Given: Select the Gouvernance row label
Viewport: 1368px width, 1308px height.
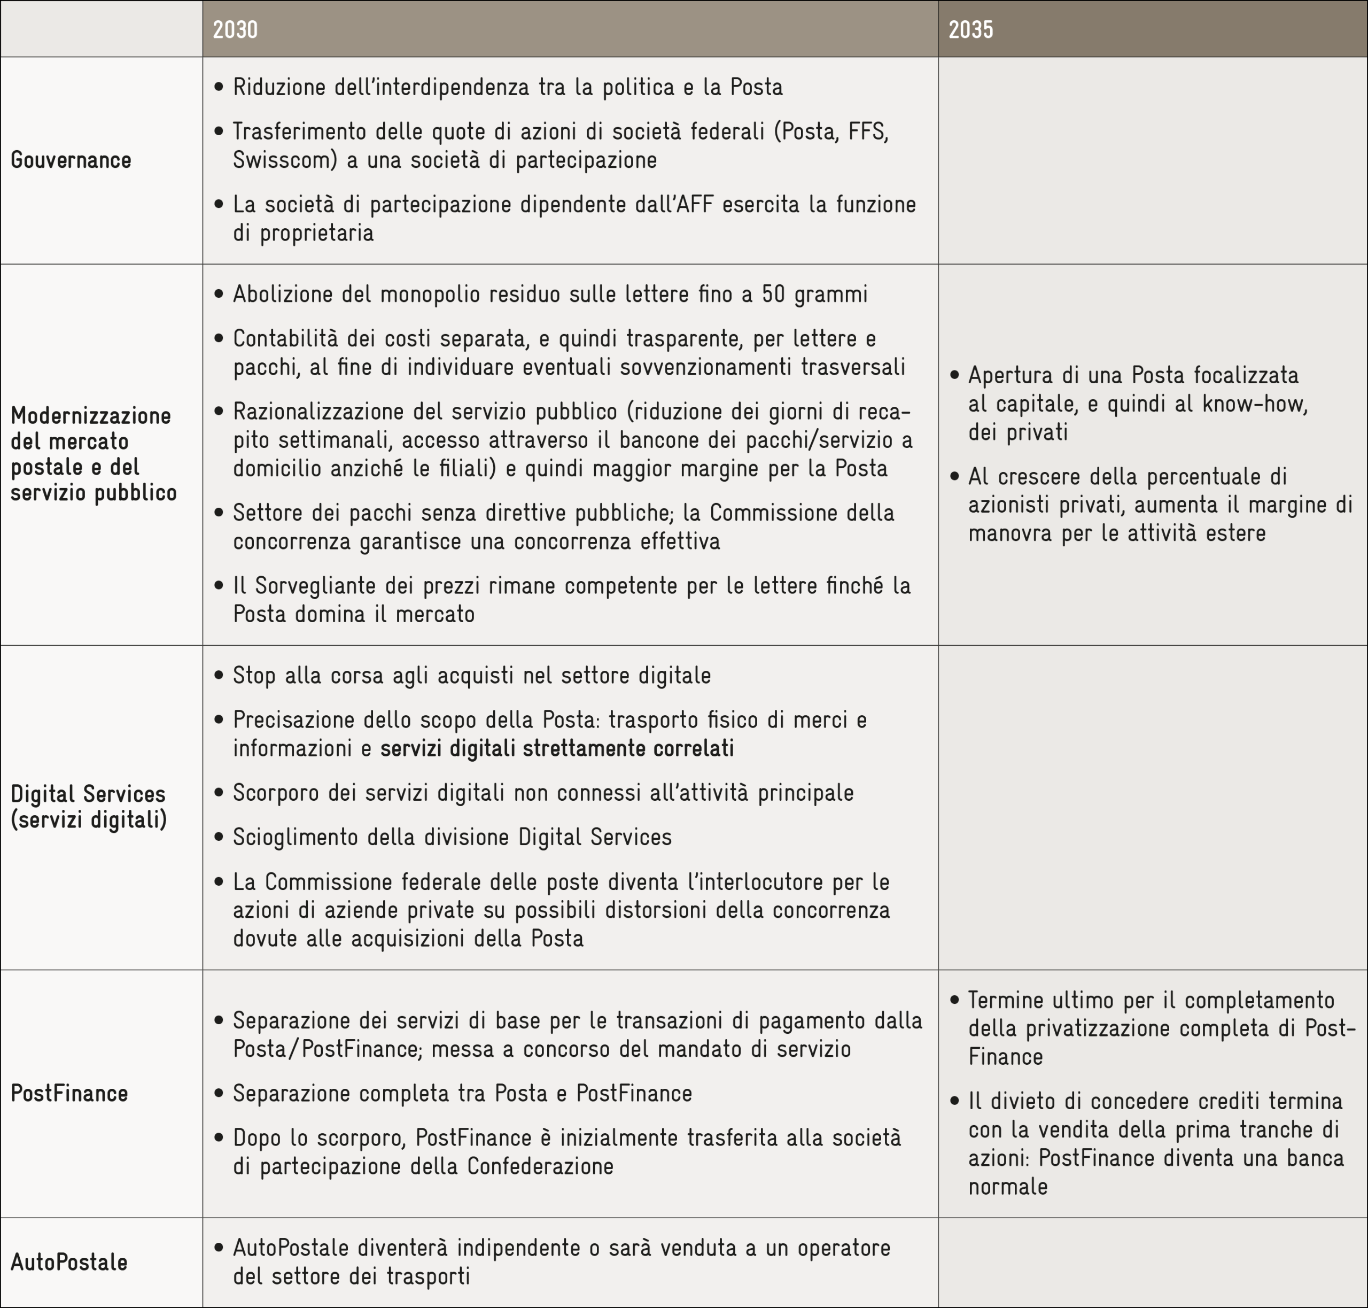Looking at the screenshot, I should coord(71,160).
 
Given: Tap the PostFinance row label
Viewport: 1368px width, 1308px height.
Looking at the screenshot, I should coord(69,1093).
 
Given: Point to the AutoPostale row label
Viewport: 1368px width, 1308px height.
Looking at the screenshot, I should coord(69,1262).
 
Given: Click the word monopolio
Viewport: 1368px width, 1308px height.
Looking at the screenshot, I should coord(433,294).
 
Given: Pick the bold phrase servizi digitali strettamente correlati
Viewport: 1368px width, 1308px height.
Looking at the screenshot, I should coord(557,748).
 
